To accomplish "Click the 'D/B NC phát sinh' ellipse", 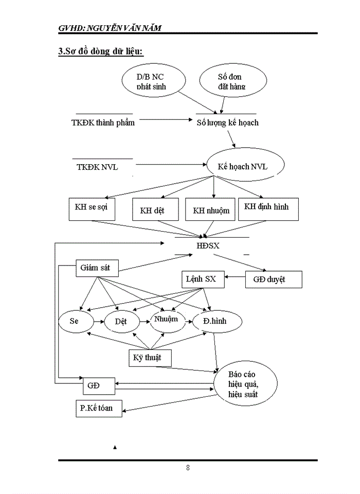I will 152,81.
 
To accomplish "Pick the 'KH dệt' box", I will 155,210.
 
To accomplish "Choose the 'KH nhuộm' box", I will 211,210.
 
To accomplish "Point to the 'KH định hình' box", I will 266,207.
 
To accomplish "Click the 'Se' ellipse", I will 76,321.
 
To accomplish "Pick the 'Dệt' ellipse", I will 122,322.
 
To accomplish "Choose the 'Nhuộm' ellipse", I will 165,320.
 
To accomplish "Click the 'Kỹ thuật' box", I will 149,358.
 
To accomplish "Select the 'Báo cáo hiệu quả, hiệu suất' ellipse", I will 246,385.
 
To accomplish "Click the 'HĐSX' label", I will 208,246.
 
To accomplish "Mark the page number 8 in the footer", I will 188,468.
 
